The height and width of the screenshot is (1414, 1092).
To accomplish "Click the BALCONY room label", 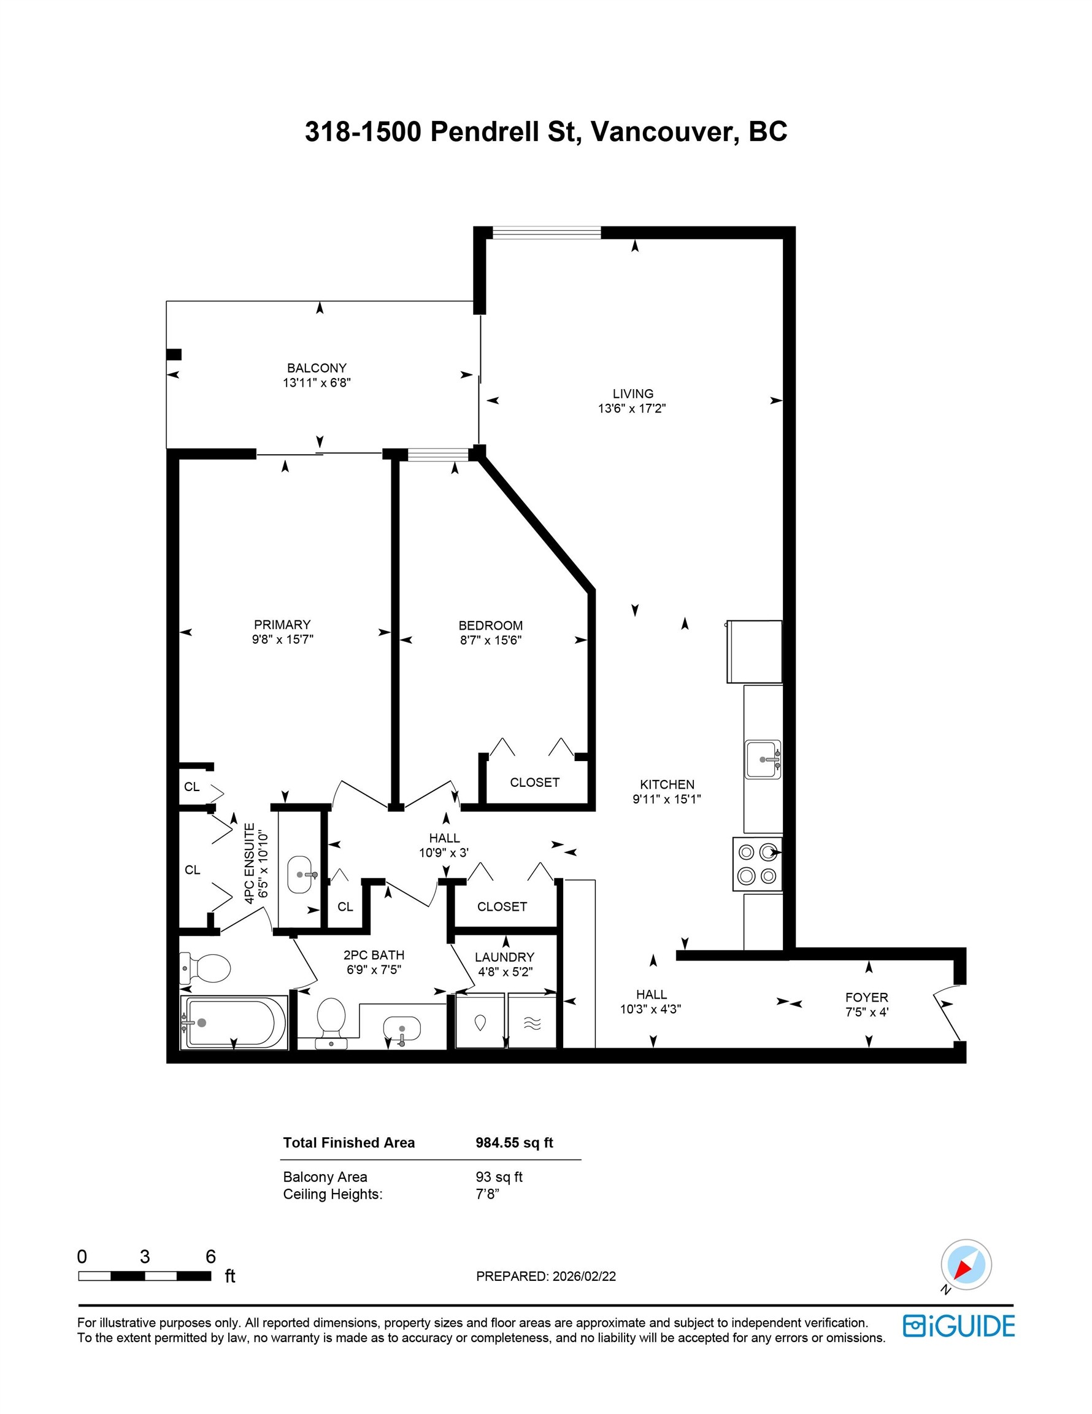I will pyautogui.click(x=317, y=368).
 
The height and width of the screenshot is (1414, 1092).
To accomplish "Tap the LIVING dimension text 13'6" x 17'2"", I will pyautogui.click(x=632, y=409).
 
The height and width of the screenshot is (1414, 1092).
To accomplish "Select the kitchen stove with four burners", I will pyautogui.click(x=756, y=864).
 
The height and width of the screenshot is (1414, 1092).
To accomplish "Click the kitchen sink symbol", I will pyautogui.click(x=763, y=759).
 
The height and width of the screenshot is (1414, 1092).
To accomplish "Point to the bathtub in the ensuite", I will pyautogui.click(x=234, y=1023).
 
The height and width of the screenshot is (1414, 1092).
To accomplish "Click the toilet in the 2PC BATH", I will pyautogui.click(x=331, y=1018).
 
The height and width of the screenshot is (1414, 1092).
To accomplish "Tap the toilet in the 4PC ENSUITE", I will pyautogui.click(x=207, y=968).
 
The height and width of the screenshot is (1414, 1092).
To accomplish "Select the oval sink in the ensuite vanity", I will pyautogui.click(x=299, y=874).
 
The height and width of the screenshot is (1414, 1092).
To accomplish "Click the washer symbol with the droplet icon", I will pyautogui.click(x=480, y=1022).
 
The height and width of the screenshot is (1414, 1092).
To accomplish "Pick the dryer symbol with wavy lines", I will pyautogui.click(x=531, y=1023).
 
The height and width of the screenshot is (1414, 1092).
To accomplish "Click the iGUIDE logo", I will pyautogui.click(x=959, y=1326).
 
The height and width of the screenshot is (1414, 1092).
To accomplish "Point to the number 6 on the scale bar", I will pyautogui.click(x=210, y=1257).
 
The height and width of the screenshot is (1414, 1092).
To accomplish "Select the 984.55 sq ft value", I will pyautogui.click(x=514, y=1143).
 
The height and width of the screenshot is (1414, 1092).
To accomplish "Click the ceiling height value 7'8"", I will pyautogui.click(x=486, y=1194).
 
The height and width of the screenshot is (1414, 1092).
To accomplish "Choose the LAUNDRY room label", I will pyautogui.click(x=504, y=957).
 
